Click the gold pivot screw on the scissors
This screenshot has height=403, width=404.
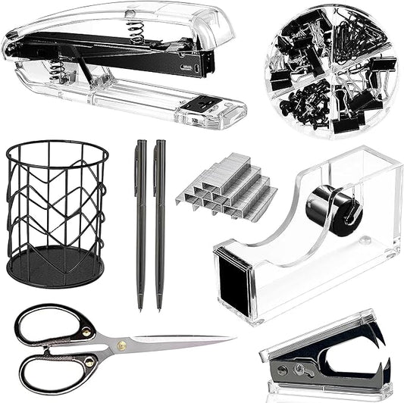pos(121,345)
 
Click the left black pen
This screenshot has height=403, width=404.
pos(140,220)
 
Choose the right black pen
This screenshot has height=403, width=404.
pos(159,220)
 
